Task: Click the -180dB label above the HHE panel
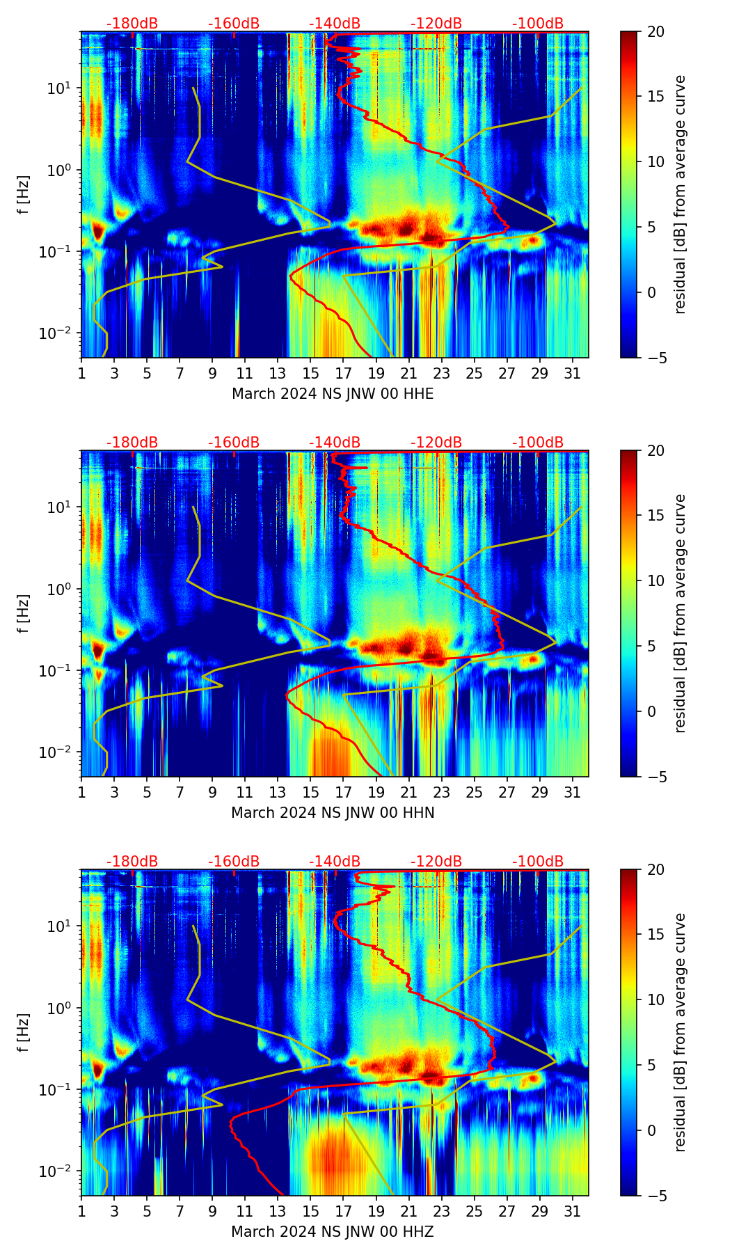pyautogui.click(x=132, y=24)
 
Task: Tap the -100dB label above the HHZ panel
pyautogui.click(x=538, y=862)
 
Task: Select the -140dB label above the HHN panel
pyautogui.click(x=335, y=443)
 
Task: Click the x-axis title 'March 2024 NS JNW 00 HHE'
pyautogui.click(x=333, y=394)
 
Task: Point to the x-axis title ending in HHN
pyautogui.click(x=333, y=813)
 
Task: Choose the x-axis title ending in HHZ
pyautogui.click(x=333, y=1232)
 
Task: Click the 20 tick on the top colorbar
pyautogui.click(x=655, y=32)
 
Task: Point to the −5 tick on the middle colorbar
pyautogui.click(x=655, y=777)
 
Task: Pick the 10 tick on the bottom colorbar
pyautogui.click(x=655, y=1000)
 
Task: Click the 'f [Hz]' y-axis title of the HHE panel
pyautogui.click(x=24, y=195)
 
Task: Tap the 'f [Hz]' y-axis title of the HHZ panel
pyautogui.click(x=24, y=1033)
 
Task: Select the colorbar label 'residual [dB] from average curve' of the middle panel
pyautogui.click(x=681, y=613)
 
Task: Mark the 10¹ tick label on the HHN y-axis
pyautogui.click(x=63, y=507)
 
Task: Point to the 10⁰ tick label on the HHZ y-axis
pyautogui.click(x=63, y=1008)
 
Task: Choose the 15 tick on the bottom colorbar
pyautogui.click(x=655, y=935)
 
